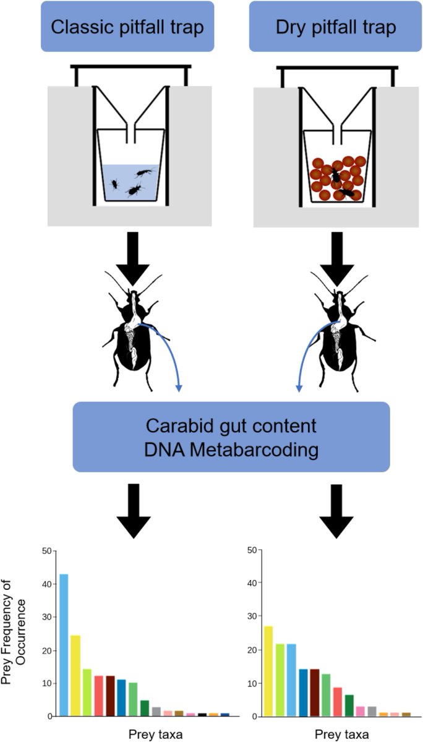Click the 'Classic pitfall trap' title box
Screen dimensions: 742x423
click(x=126, y=27)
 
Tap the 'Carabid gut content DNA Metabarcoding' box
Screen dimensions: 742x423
click(x=231, y=437)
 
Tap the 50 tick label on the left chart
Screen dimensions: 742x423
click(x=46, y=550)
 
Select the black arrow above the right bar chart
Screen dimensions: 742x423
click(x=336, y=507)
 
